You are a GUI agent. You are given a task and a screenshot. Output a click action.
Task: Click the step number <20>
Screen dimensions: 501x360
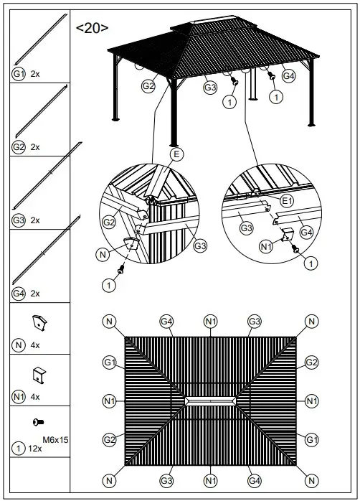93,28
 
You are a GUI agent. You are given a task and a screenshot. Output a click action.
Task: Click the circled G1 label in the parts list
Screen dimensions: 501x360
18,74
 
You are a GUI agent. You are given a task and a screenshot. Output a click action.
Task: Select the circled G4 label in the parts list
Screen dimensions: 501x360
18,293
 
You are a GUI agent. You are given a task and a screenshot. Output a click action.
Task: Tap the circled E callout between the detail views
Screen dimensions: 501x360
176,154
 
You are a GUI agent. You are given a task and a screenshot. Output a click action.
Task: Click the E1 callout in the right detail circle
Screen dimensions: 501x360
287,200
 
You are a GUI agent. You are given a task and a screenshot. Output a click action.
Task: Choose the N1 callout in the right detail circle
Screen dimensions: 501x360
265,247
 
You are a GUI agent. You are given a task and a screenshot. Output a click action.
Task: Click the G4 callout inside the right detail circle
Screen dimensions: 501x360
306,232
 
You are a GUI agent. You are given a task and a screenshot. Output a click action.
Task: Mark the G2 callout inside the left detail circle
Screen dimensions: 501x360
109,222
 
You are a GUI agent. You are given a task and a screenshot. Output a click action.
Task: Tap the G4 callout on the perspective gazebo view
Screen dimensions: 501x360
288,75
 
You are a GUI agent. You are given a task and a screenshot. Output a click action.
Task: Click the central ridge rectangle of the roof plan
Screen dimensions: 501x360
210,400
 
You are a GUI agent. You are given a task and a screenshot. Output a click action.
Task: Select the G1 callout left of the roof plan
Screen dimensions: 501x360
109,362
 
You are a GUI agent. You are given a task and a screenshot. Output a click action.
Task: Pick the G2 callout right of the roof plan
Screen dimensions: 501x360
311,362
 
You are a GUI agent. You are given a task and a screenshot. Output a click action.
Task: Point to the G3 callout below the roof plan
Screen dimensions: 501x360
166,479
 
